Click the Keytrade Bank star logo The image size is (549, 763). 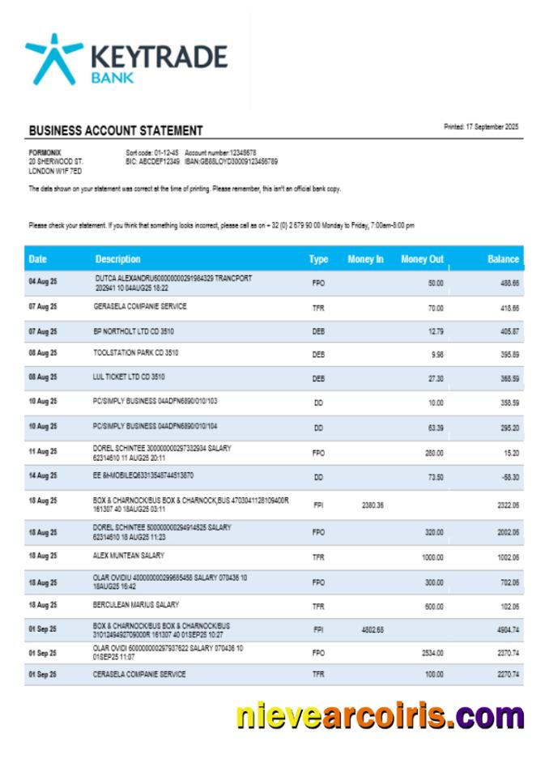coord(53,58)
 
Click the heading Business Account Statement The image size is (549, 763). coord(116,130)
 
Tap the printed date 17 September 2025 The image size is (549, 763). coord(481,127)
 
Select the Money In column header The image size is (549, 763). coord(365,259)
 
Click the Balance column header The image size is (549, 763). coord(503,259)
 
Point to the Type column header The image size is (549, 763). coord(318,259)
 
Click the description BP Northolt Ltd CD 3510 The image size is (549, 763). coord(134,331)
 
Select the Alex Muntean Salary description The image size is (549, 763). coord(129,556)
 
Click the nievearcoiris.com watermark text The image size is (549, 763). coord(380,717)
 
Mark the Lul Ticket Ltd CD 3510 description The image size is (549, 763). coord(130,377)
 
